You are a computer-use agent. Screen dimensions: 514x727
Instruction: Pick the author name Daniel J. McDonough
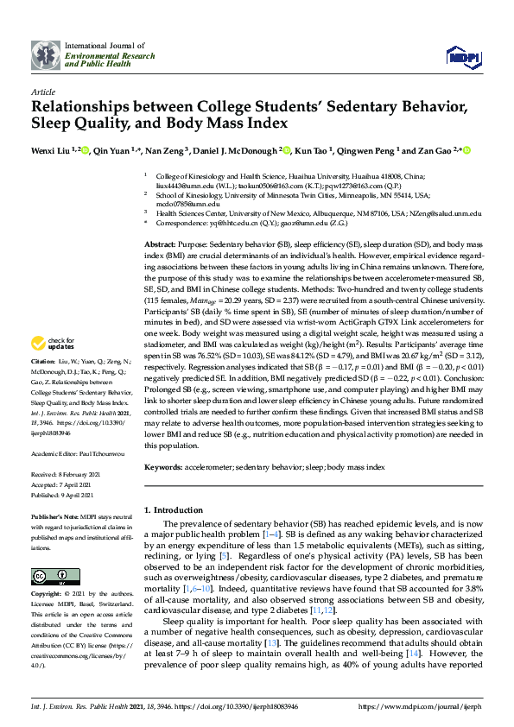(232, 150)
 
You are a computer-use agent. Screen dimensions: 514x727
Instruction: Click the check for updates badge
(55, 343)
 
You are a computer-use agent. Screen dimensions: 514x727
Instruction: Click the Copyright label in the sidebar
(48, 595)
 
